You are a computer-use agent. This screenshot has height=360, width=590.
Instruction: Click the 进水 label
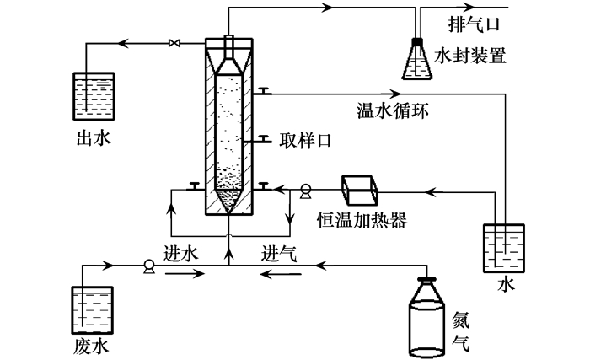click(181, 252)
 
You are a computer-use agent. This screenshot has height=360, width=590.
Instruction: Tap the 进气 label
click(279, 252)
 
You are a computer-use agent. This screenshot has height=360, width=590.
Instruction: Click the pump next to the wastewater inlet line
click(149, 266)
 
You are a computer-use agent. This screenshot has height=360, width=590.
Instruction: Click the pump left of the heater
click(305, 191)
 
